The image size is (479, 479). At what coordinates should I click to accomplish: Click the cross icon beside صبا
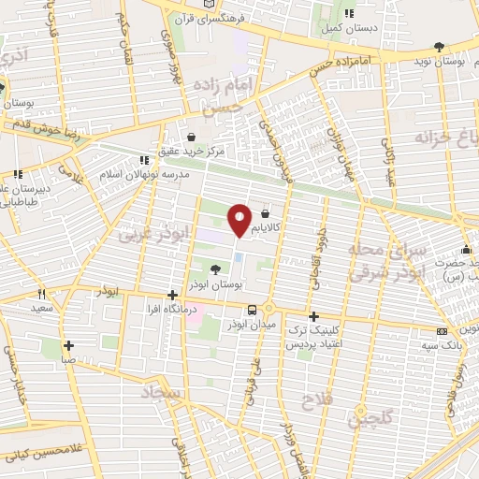(68, 344)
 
